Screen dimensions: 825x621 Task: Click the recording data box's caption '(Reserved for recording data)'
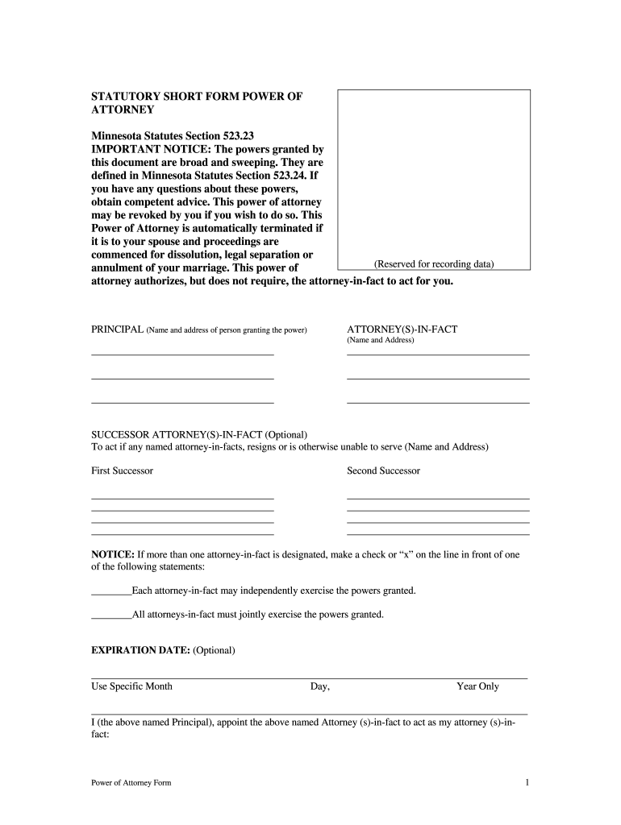tap(433, 263)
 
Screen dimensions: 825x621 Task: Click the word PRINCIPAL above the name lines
tap(117, 330)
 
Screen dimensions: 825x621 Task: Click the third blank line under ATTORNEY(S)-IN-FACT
tap(438, 401)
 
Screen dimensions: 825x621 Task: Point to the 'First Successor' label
tap(122, 471)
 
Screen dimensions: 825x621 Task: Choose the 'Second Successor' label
tap(383, 471)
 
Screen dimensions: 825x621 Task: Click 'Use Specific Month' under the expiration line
tap(131, 686)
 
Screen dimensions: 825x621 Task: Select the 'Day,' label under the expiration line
tap(320, 686)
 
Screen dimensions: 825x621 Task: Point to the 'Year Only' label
tap(477, 686)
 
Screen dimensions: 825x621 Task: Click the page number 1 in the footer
tap(526, 782)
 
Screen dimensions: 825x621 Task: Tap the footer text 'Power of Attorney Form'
tap(131, 783)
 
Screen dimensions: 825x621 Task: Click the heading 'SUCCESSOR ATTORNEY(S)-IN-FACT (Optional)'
tap(199, 434)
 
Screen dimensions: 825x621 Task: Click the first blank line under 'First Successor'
tap(182, 498)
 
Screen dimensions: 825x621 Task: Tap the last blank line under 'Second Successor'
tap(438, 533)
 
